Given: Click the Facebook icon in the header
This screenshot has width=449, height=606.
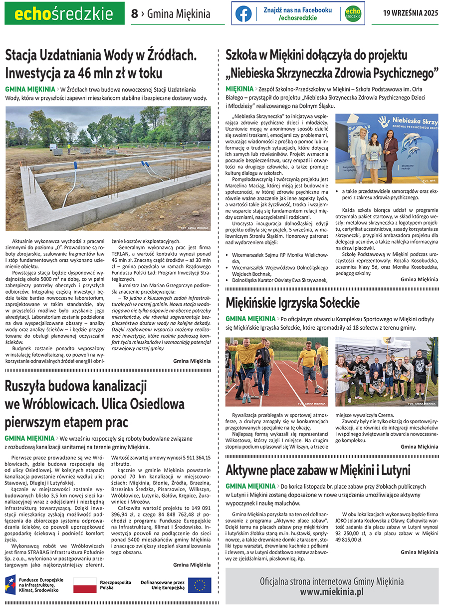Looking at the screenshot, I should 243,13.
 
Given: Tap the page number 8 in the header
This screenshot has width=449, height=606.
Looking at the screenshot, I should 134,14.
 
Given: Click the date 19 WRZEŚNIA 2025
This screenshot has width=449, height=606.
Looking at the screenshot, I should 411,13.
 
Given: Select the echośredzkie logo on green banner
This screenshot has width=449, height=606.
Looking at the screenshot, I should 64,13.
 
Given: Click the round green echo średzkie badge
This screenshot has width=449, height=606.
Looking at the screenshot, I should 353,13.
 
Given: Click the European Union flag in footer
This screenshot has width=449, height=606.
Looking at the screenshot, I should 200,585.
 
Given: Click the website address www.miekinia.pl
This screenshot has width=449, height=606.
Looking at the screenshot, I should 331,592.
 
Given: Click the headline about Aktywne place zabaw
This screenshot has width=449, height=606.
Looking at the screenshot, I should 318,470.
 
